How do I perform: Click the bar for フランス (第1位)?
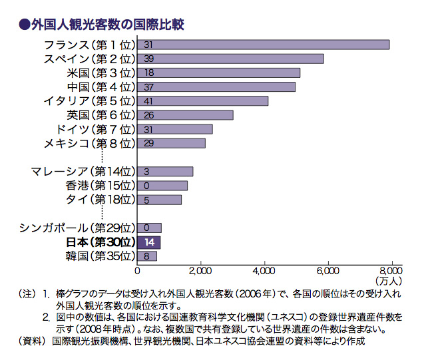tap(263, 45)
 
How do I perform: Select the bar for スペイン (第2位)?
tap(230, 59)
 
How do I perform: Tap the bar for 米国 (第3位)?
tap(218, 73)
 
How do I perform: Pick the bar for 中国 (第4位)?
tap(216, 87)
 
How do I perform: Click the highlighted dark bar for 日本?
tap(149, 242)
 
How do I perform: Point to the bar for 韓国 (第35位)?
tap(147, 256)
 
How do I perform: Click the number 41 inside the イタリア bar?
tap(148, 101)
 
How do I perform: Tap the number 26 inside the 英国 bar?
tap(148, 115)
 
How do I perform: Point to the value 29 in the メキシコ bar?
tap(148, 143)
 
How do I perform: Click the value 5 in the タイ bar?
tap(146, 200)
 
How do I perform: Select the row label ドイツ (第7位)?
tap(97, 128)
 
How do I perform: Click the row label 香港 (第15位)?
tap(101, 185)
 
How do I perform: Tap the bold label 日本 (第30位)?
tap(101, 242)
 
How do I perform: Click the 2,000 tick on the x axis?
tap(200, 271)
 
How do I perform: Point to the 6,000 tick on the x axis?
tap(327, 271)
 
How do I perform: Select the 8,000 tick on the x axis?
tap(391, 271)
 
